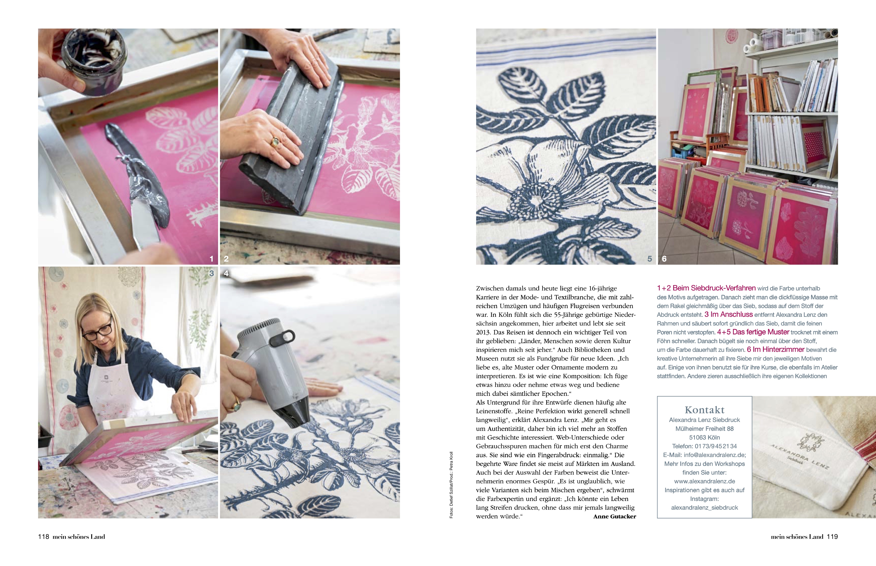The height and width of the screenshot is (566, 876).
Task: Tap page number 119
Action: tap(832, 537)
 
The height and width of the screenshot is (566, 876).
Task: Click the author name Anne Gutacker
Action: tap(615, 516)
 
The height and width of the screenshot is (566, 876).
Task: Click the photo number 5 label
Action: tap(649, 259)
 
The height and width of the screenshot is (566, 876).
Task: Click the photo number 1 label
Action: tap(212, 259)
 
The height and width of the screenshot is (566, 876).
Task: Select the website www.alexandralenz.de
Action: tap(705, 481)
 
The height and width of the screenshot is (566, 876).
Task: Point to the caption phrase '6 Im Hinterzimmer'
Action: tap(776, 350)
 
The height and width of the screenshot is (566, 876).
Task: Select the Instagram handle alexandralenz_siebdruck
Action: tap(705, 508)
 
